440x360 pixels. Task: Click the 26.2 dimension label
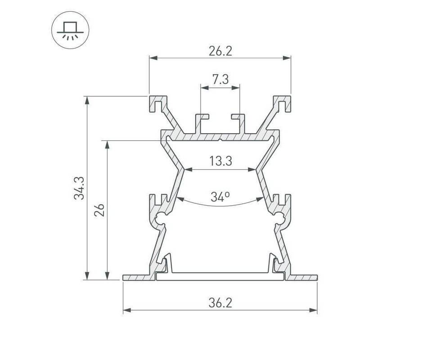220,51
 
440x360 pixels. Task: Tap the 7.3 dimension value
220,80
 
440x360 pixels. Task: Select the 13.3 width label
220,162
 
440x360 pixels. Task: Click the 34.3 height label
79,188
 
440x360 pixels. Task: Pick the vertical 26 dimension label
99,210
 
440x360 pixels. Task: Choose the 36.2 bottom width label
220,303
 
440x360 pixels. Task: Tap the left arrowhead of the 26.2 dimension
153,58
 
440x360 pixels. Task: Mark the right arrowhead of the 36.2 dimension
313,310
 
